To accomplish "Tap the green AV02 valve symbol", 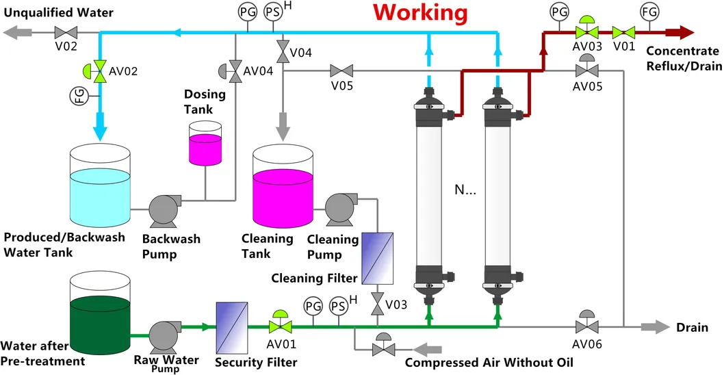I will click(x=101, y=70).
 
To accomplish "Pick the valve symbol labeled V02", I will click(x=66, y=32).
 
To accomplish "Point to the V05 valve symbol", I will click(x=340, y=70).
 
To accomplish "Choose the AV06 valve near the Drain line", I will click(x=586, y=326).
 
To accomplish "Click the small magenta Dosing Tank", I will click(x=204, y=144).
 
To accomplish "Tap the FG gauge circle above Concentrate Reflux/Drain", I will click(x=649, y=12).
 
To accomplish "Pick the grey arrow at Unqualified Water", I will click(x=17, y=32).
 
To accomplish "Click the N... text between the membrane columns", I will click(x=465, y=190).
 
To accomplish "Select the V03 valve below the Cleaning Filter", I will click(x=377, y=303).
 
